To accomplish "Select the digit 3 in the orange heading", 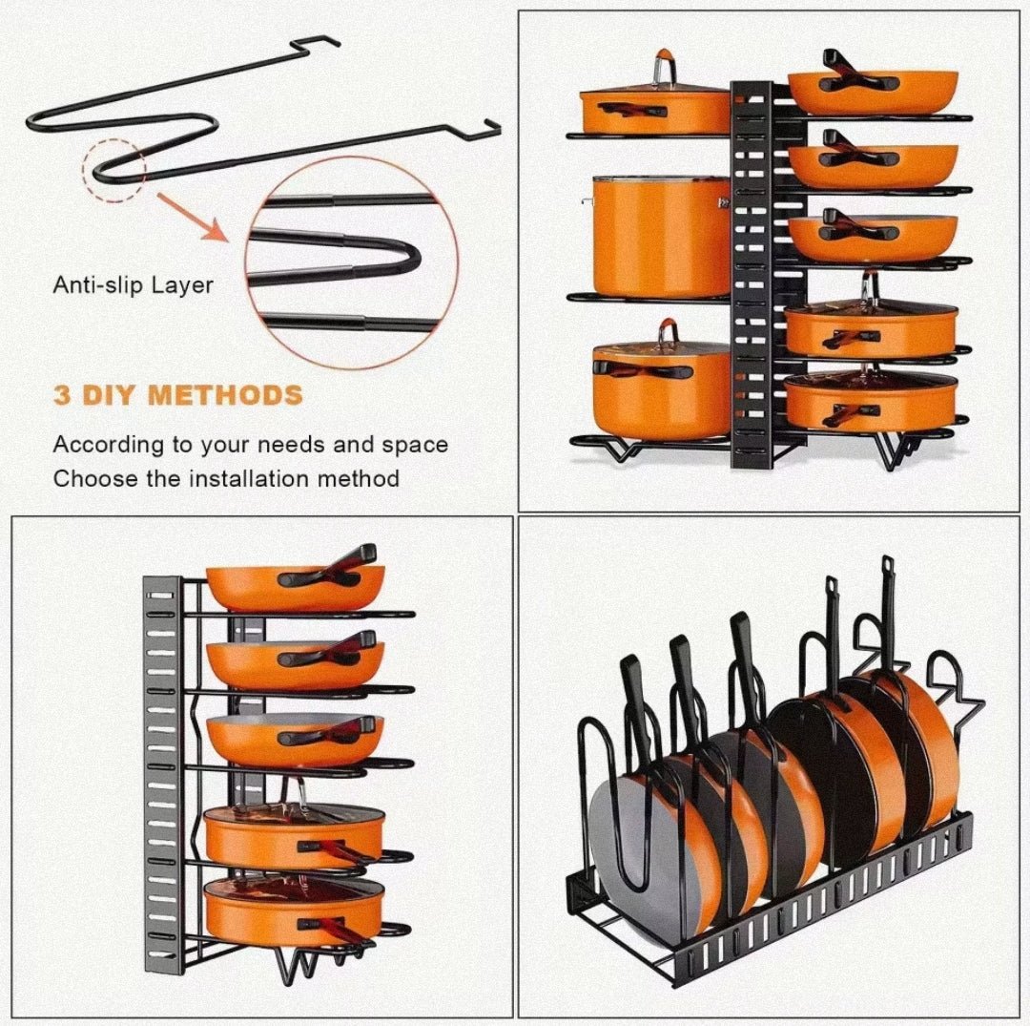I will pyautogui.click(x=62, y=395).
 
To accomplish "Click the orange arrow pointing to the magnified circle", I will pyautogui.click(x=195, y=219).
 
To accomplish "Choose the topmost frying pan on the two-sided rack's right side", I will pyautogui.click(x=872, y=89).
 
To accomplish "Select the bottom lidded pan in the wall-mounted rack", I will pyautogui.click(x=294, y=911).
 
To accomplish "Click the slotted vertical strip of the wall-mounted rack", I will pyautogui.click(x=161, y=764).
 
